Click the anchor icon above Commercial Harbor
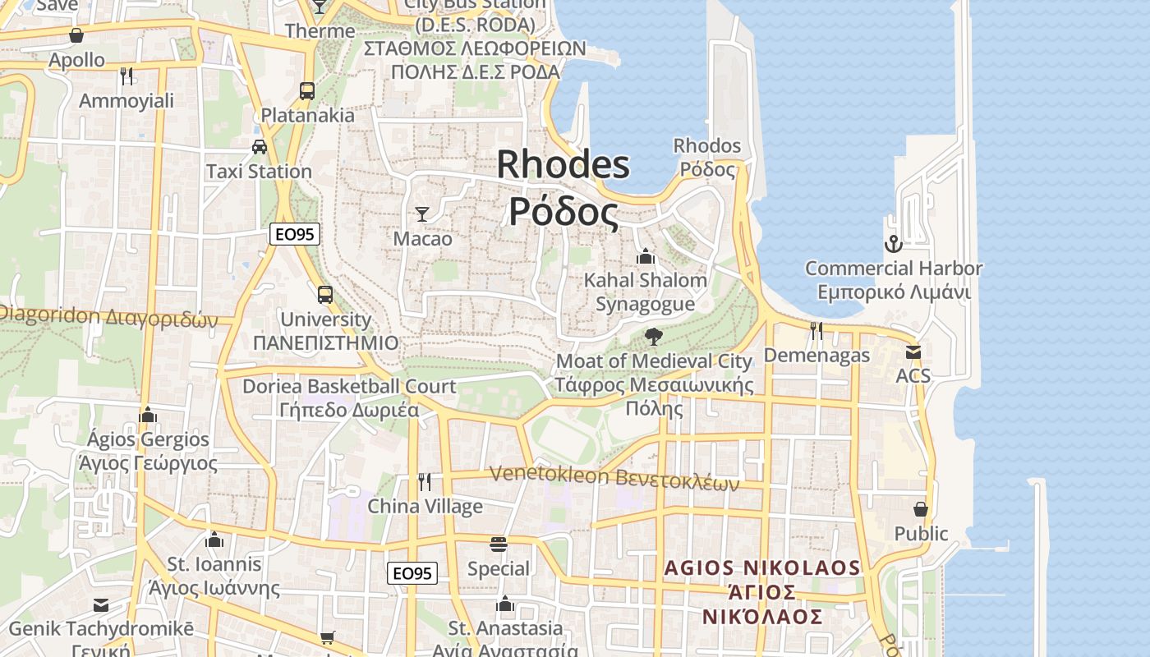click(893, 244)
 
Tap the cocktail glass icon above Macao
click(422, 214)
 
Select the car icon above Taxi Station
click(260, 147)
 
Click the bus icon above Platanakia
click(307, 90)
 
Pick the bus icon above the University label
click(325, 294)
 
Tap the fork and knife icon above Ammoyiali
click(126, 76)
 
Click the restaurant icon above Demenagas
click(816, 330)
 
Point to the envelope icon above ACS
click(913, 352)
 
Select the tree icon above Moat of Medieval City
click(654, 336)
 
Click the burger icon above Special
click(498, 544)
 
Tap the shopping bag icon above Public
click(921, 509)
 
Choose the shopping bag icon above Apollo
click(76, 35)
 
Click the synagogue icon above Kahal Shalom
click(645, 256)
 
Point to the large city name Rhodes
click(563, 164)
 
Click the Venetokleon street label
click(614, 477)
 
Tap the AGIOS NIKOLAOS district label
click(762, 568)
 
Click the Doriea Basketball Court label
click(349, 386)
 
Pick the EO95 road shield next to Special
click(412, 573)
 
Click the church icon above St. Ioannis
click(215, 540)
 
